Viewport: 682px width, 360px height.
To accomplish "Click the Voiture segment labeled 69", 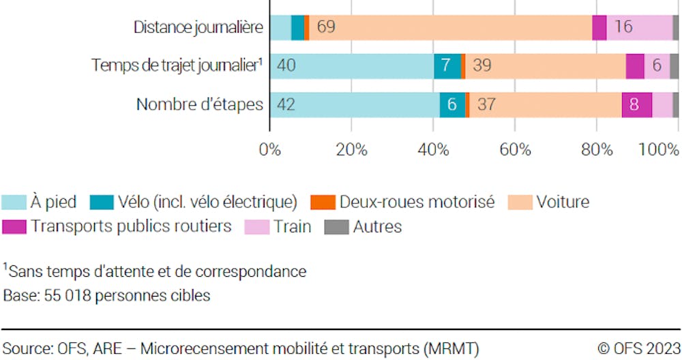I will pyautogui.click(x=450, y=27).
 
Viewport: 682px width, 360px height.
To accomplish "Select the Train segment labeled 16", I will pyautogui.click(x=639, y=27).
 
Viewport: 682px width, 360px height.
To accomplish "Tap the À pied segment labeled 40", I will pyautogui.click(x=352, y=66).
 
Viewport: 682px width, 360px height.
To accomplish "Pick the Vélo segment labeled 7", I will pyautogui.click(x=447, y=66).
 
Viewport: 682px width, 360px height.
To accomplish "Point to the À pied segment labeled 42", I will pyautogui.click(x=355, y=105).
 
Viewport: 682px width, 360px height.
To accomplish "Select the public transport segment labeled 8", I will pyautogui.click(x=636, y=105).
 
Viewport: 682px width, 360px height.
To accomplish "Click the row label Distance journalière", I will pyautogui.click(x=198, y=28).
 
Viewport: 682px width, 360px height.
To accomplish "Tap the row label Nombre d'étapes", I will pyautogui.click(x=200, y=105).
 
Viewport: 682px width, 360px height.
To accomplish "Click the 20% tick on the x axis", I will pyautogui.click(x=351, y=149).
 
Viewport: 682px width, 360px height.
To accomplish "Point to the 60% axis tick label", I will pyautogui.click(x=515, y=149).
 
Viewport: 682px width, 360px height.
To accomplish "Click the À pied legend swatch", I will pyautogui.click(x=14, y=202).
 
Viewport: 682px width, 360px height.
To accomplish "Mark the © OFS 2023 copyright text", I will pyautogui.click(x=639, y=348).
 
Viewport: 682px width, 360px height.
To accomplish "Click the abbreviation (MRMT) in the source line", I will pyautogui.click(x=453, y=348).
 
